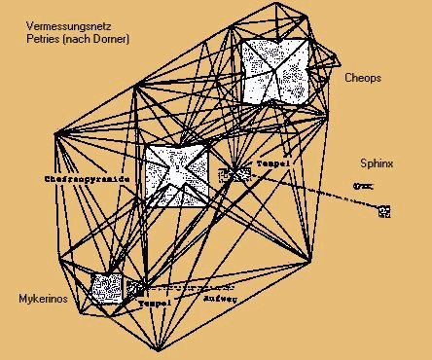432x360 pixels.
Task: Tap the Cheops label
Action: click(x=363, y=76)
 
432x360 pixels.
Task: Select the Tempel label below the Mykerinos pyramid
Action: click(x=156, y=303)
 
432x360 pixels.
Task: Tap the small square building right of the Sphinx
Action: click(x=384, y=210)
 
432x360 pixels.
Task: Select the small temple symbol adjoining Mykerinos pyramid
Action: click(x=135, y=288)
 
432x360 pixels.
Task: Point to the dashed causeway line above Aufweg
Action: click(x=195, y=287)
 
